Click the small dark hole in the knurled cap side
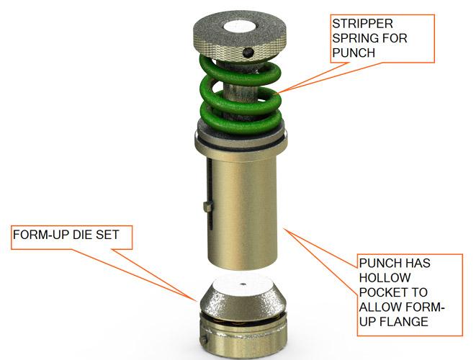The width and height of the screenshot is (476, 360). coord(248,53)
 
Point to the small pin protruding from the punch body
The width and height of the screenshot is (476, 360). coord(207,207)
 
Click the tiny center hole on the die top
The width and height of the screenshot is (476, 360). coord(243,284)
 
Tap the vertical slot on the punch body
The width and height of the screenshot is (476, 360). coord(210,180)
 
